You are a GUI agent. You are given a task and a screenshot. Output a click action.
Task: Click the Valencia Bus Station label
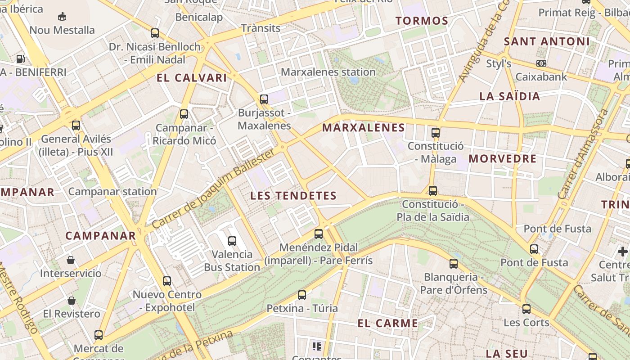click(232, 261)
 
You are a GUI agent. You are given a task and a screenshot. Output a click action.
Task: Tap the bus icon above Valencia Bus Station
click(232, 241)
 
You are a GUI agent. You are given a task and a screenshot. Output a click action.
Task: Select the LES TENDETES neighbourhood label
click(293, 196)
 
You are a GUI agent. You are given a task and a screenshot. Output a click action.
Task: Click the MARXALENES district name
click(364, 128)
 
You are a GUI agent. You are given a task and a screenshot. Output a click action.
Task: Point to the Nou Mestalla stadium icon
click(62, 17)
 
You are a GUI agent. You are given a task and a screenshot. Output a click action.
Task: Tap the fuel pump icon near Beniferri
click(20, 58)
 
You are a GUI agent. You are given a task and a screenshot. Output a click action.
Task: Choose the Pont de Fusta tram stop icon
click(534, 249)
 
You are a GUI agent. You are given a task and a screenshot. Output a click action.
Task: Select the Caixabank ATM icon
click(541, 63)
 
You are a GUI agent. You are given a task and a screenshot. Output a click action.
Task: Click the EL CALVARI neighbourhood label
click(192, 78)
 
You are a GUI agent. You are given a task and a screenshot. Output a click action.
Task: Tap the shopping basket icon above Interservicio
click(71, 260)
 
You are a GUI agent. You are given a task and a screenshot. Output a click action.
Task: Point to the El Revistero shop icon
click(72, 301)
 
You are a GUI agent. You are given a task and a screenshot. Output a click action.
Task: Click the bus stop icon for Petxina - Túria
click(302, 295)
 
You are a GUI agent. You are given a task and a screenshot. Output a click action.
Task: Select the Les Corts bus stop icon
click(526, 309)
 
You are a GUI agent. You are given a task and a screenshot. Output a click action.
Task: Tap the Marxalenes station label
click(328, 72)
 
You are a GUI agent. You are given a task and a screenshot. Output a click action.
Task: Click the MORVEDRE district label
click(503, 159)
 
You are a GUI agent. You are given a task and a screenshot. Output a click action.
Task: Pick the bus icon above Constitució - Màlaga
click(435, 132)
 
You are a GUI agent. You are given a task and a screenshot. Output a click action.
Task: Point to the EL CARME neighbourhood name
click(388, 323)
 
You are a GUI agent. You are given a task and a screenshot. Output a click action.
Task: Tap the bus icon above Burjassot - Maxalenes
click(264, 99)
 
